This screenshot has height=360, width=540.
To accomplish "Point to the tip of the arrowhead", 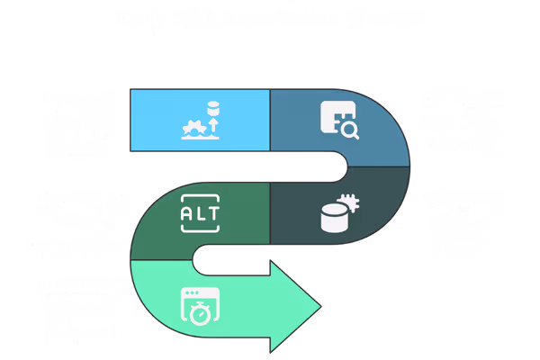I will (x=320, y=306).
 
